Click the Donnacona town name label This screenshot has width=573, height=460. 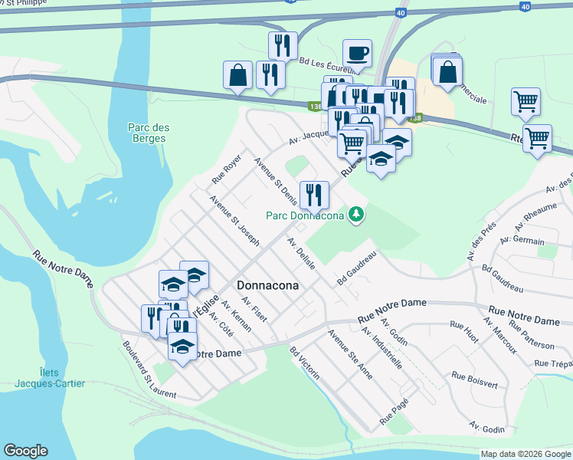(267, 283)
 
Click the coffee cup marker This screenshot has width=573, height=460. (357, 54)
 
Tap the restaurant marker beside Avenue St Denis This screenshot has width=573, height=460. (315, 195)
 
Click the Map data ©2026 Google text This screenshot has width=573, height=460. (525, 454)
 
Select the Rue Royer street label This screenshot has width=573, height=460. (227, 169)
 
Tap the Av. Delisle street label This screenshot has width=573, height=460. (302, 253)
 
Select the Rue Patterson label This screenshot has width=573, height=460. (533, 335)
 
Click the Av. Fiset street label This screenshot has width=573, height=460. (254, 309)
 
